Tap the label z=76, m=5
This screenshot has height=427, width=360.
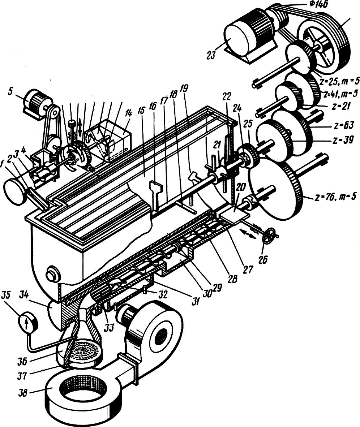click(335, 197)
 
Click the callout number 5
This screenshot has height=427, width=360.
click(10, 91)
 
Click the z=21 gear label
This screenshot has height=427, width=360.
click(341, 106)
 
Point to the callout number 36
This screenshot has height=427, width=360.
click(22, 361)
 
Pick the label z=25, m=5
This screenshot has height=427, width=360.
click(339, 81)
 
